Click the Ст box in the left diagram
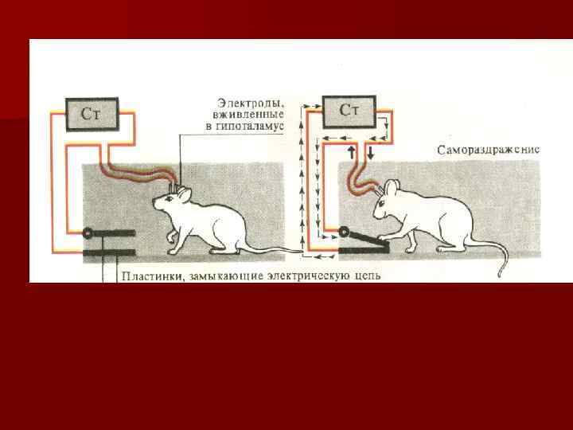(x=91, y=113)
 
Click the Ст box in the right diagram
(x=349, y=109)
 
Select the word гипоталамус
(x=255, y=127)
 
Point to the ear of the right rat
(x=392, y=189)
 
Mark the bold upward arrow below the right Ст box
(x=351, y=150)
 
